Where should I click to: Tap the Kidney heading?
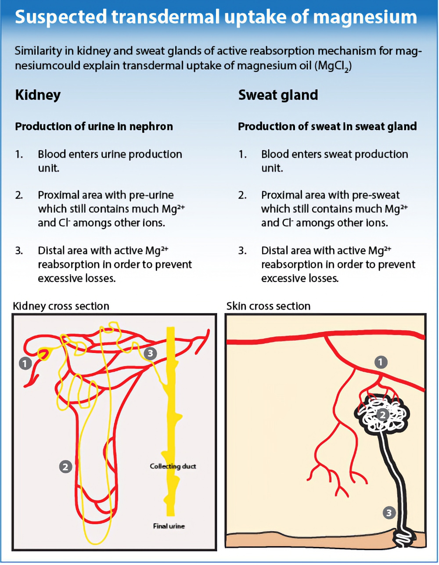tap(38, 95)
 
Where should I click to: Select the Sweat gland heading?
tap(278, 95)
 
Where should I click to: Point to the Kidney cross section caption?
tap(61, 306)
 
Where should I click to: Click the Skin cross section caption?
tap(268, 306)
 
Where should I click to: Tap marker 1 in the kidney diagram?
tap(25, 363)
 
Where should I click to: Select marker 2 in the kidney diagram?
tap(65, 467)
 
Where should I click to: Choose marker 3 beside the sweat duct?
tap(389, 512)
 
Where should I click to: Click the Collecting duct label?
tap(173, 466)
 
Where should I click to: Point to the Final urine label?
tap(169, 526)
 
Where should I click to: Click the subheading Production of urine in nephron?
tap(94, 127)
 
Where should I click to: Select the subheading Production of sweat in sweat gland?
tap(327, 127)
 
